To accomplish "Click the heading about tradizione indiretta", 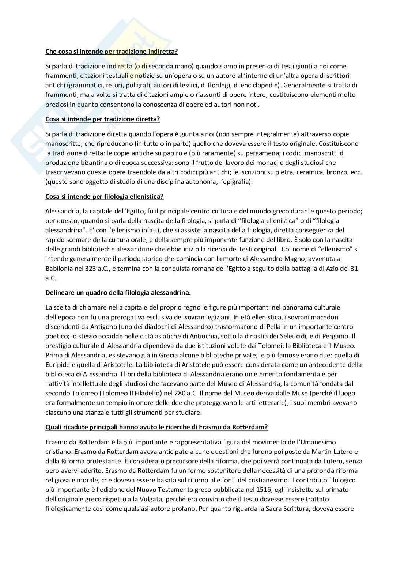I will (x=112, y=52).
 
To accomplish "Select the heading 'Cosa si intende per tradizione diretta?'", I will (x=103, y=119).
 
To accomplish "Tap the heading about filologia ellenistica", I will (x=104, y=197).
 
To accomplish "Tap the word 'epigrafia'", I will (x=237, y=182).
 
